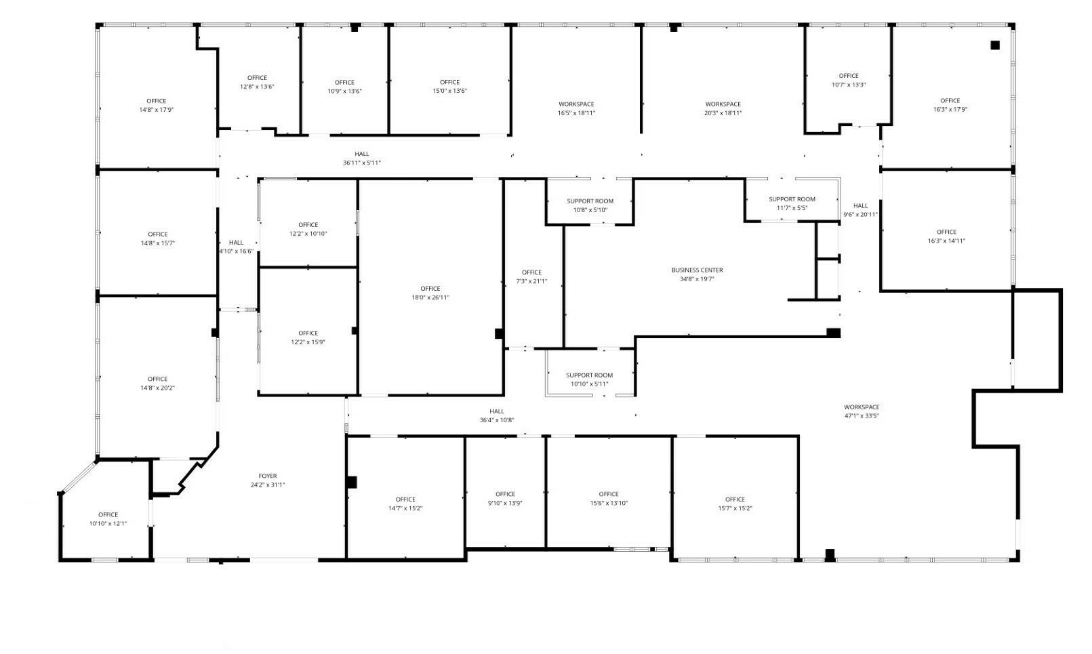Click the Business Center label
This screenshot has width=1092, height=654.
(x=697, y=270)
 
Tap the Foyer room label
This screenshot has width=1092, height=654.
(x=268, y=476)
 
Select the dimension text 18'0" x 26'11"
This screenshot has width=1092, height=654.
(x=430, y=298)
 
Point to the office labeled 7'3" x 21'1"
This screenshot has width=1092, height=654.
(x=531, y=277)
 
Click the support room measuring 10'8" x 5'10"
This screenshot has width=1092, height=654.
(x=590, y=205)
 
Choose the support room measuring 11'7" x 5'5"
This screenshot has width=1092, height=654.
(x=792, y=204)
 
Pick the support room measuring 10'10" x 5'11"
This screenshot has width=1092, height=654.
(x=590, y=380)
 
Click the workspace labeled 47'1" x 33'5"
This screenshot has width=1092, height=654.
(x=862, y=411)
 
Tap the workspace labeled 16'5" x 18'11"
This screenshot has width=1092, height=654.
(x=576, y=108)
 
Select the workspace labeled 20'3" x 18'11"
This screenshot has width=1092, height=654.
(x=723, y=108)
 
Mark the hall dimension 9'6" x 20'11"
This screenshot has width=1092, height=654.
(x=860, y=214)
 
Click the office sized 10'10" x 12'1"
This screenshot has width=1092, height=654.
(x=108, y=519)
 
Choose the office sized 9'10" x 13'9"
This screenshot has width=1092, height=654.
(x=505, y=499)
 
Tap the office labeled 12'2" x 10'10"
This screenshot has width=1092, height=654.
(x=308, y=229)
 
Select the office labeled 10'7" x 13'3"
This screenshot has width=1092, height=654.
(x=849, y=80)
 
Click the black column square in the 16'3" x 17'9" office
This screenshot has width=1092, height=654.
(x=995, y=45)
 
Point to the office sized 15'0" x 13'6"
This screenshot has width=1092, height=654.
(x=449, y=86)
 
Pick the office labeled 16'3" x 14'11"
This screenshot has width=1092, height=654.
(x=946, y=237)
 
